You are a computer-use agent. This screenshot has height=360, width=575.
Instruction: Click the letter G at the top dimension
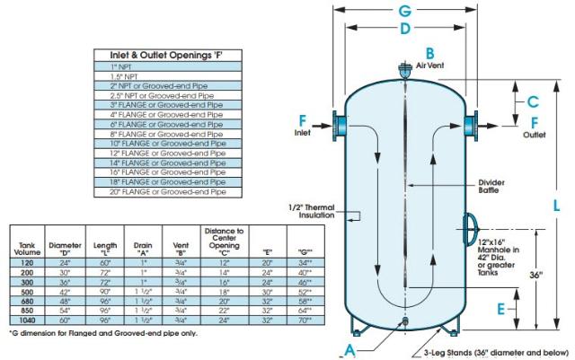(x=405, y=11)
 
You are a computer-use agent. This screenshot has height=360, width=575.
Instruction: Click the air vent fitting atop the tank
(x=405, y=68)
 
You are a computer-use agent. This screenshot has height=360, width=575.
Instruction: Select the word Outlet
(x=536, y=136)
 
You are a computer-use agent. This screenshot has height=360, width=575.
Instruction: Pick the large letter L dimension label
(x=557, y=205)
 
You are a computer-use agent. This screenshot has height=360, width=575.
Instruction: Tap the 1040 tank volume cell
(x=29, y=320)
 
